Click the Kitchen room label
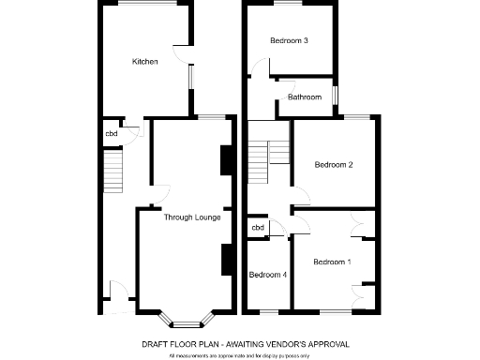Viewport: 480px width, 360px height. (x=144, y=62)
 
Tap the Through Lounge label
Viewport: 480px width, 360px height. (x=192, y=217)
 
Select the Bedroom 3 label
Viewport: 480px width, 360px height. (x=290, y=40)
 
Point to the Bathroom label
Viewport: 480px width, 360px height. (x=305, y=97)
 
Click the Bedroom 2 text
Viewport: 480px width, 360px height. (x=333, y=166)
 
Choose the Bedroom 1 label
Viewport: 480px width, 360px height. (x=332, y=262)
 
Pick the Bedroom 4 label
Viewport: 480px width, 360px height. (x=267, y=275)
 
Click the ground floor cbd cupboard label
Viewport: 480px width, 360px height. (x=111, y=132)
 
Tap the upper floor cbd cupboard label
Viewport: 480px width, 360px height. (x=257, y=228)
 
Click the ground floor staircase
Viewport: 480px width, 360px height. (x=112, y=171)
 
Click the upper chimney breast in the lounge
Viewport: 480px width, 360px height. (x=226, y=160)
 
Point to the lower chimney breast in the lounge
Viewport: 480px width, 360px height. (x=226, y=259)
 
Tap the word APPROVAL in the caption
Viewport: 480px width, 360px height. (x=316, y=344)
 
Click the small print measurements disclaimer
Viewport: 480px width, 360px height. (x=239, y=355)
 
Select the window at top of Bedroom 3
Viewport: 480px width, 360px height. (x=290, y=6)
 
